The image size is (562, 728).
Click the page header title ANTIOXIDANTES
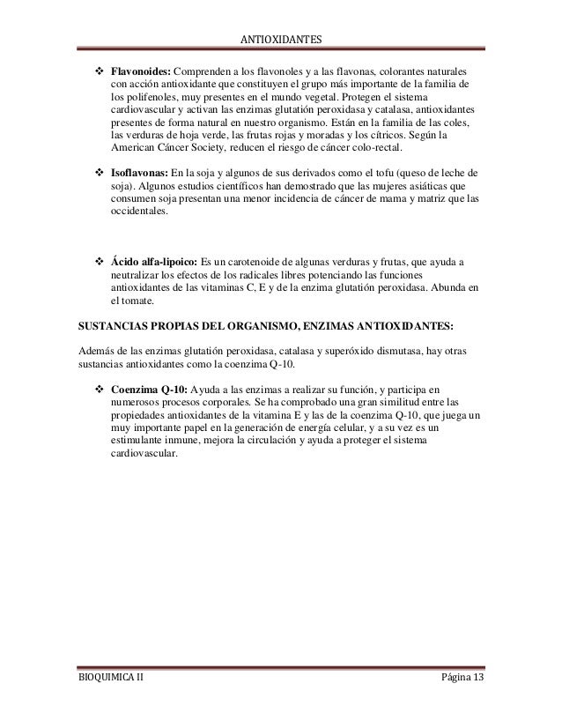click(281, 40)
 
